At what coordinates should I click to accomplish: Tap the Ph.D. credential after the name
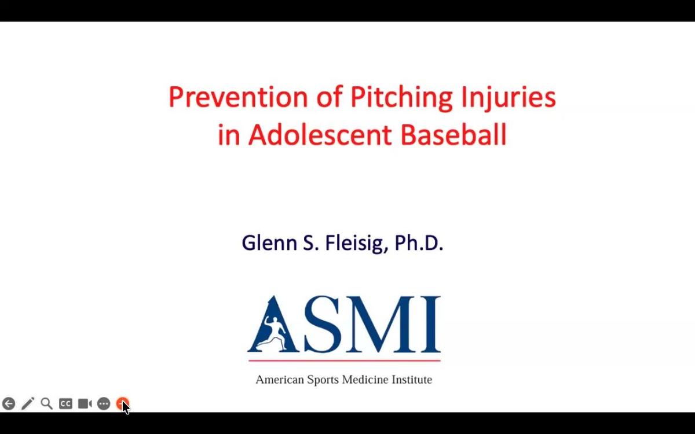click(x=419, y=243)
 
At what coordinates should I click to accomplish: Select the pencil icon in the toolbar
click(x=28, y=404)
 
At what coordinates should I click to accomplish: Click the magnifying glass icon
click(x=46, y=403)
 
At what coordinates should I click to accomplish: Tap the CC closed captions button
click(x=65, y=404)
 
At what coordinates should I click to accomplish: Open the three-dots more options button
click(x=104, y=404)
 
